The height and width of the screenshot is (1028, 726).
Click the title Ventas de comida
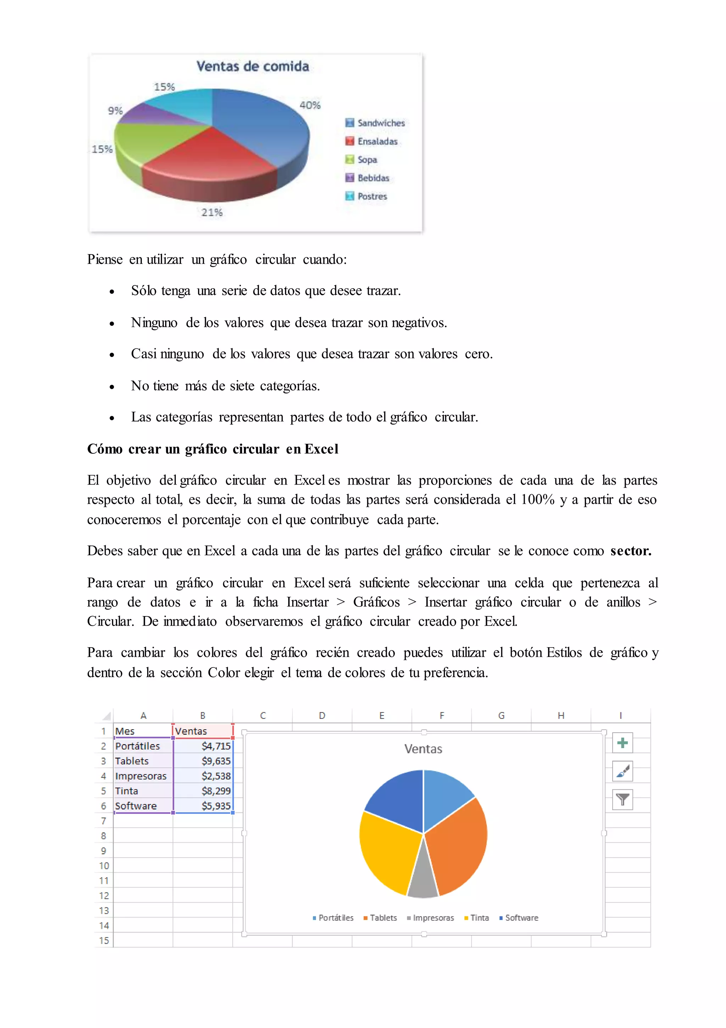click(253, 66)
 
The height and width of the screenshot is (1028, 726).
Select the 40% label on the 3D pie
click(310, 105)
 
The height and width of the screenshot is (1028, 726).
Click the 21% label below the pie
click(212, 212)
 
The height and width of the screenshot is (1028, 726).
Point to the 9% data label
click(115, 111)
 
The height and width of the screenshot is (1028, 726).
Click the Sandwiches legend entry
click(375, 123)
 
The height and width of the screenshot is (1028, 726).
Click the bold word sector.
click(630, 551)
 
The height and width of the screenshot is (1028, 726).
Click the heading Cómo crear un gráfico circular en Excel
click(213, 449)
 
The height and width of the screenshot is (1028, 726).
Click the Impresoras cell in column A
click(141, 776)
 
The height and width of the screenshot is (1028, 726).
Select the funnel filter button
click(622, 799)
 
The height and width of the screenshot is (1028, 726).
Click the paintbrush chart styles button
click(622, 771)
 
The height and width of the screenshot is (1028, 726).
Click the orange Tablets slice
click(459, 842)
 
